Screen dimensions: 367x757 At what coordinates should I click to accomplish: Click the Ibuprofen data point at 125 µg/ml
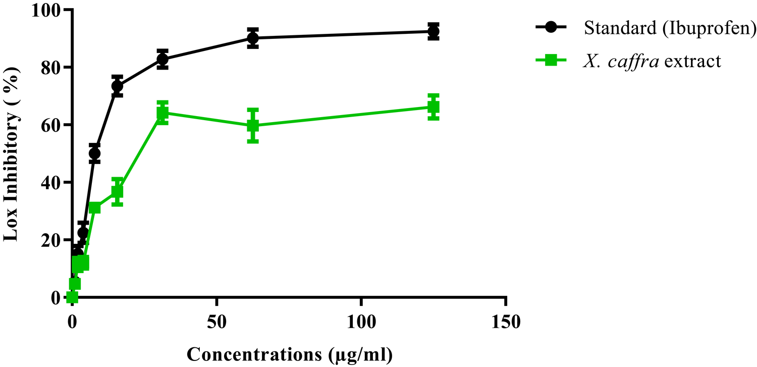433,31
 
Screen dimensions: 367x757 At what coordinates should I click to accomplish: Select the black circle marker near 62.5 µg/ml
253,38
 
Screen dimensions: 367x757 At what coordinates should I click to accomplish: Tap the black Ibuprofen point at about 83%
162,60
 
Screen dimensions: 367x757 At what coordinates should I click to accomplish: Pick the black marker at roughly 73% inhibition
117,86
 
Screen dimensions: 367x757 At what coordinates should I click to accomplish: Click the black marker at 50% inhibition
94,153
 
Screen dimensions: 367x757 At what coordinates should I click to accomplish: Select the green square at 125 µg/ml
433,107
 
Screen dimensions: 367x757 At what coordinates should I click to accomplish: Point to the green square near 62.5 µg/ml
253,125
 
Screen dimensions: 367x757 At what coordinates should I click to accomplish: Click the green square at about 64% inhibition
162,113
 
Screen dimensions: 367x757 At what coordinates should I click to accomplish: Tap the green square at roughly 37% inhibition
117,191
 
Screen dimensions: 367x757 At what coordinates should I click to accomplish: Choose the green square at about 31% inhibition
94,207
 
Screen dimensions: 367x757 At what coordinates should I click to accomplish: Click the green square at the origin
72,297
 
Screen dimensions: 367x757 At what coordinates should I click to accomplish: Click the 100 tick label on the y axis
46,10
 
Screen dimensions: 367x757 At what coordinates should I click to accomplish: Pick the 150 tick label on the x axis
505,321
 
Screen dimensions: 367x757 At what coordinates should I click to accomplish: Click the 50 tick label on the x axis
217,321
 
